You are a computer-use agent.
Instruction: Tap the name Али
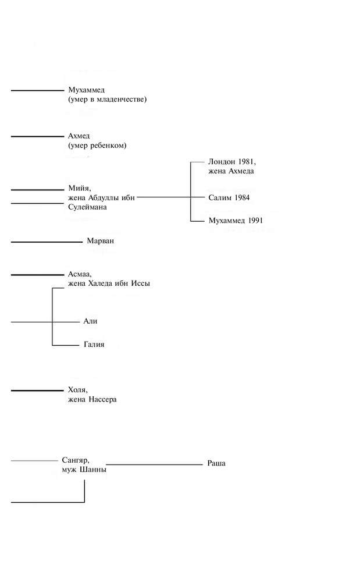(91, 321)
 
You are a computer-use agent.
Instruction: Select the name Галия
(94, 345)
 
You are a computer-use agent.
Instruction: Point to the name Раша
(216, 463)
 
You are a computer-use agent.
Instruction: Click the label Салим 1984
(229, 198)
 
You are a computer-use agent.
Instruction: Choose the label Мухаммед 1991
(236, 221)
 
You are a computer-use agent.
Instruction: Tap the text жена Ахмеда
(231, 171)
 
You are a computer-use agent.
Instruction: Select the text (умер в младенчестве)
(107, 100)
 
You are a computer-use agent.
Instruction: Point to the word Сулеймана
(87, 207)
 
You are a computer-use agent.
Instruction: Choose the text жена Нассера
(92, 399)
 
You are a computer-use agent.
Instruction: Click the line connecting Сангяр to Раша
(154, 464)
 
